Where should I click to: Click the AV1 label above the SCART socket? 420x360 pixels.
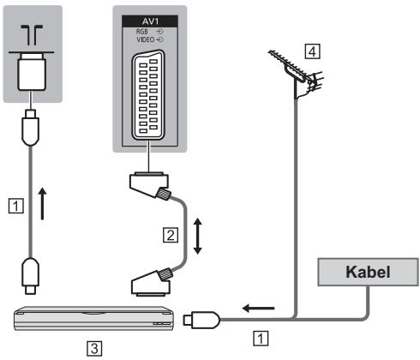150,21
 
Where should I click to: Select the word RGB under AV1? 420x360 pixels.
141,32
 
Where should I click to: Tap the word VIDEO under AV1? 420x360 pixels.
146,39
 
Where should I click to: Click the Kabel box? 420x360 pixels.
368,272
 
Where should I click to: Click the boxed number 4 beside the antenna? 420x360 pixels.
312,51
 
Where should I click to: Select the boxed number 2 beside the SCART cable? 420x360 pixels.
171,235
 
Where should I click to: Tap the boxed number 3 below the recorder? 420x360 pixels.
94,349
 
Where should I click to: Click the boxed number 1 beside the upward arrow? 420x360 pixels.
15,206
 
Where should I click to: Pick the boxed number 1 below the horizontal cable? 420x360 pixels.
261,339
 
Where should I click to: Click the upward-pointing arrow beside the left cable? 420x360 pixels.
42,203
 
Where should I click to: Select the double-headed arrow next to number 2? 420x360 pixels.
198,237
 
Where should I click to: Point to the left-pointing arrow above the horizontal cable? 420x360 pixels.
258,309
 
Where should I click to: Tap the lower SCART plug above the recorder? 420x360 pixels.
152,282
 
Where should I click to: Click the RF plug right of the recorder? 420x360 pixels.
201,320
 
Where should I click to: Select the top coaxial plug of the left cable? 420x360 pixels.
30,128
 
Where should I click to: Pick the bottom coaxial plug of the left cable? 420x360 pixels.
30,276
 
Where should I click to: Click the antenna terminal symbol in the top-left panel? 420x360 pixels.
32,35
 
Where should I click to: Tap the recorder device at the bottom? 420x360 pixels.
94,318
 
